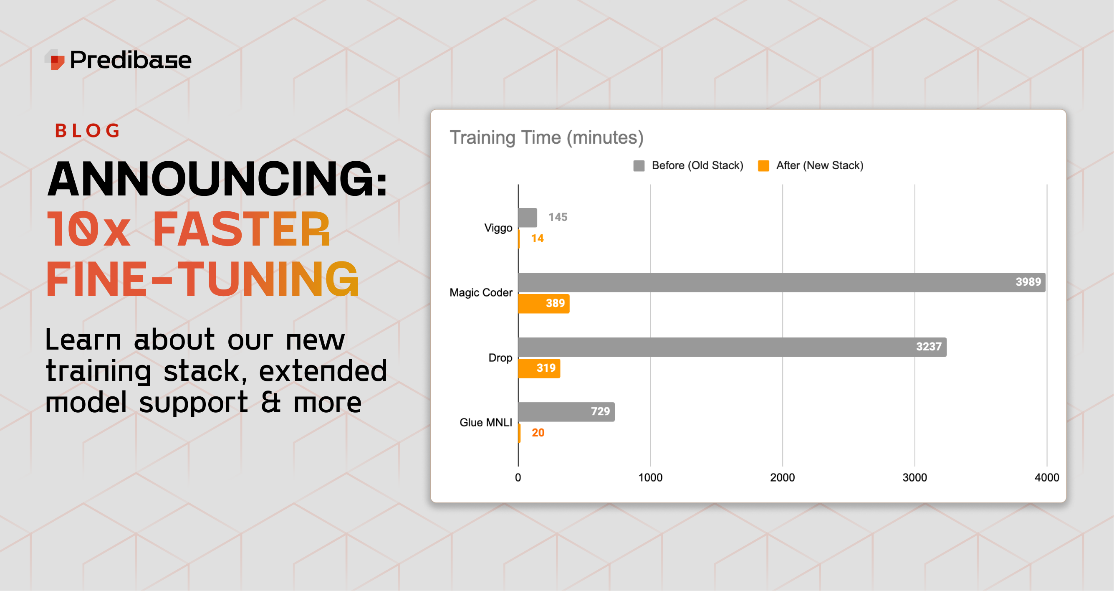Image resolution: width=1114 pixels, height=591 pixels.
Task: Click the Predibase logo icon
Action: (56, 60)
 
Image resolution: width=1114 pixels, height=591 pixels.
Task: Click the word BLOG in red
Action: (87, 131)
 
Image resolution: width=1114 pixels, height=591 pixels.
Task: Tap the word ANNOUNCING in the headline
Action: (216, 179)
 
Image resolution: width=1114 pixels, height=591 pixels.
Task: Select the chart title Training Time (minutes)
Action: (547, 137)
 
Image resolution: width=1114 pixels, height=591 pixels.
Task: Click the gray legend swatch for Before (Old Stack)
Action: (639, 166)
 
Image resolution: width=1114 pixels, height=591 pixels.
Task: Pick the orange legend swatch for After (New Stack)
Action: (763, 166)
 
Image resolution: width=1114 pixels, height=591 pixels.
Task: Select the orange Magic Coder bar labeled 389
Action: (543, 304)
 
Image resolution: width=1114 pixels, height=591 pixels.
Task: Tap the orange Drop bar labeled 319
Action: (539, 368)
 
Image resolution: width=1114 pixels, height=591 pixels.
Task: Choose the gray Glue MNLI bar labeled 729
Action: (566, 411)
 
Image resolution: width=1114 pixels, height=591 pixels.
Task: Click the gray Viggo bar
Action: (528, 218)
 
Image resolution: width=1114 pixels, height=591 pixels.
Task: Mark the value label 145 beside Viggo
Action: (558, 217)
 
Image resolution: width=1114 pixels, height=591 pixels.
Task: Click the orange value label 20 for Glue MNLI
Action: (538, 433)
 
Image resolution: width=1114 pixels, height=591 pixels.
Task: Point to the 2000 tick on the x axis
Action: (782, 478)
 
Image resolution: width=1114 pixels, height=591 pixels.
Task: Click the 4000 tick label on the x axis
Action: (1046, 478)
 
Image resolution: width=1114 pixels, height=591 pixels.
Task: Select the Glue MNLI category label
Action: (486, 422)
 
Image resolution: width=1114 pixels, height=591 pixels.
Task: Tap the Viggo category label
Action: (498, 228)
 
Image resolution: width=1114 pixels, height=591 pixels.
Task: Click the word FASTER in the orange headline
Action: (241, 229)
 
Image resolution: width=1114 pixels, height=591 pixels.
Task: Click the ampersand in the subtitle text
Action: (271, 402)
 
